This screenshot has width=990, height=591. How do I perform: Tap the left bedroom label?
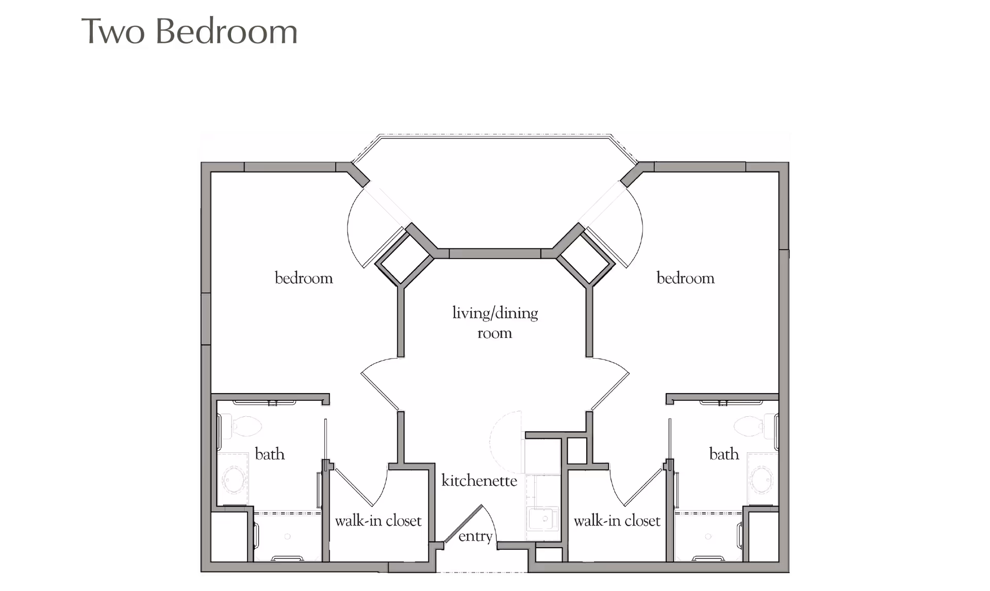[304, 279]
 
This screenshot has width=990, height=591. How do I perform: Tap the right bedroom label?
[685, 279]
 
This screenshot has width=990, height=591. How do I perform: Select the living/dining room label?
[495, 323]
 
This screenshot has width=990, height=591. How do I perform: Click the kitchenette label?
[479, 481]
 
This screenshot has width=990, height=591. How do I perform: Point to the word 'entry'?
[475, 536]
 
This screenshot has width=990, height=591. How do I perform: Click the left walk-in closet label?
[378, 521]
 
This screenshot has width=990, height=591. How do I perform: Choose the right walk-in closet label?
[617, 521]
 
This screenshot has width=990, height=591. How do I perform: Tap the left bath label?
[269, 454]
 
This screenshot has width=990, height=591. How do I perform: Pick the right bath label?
[724, 454]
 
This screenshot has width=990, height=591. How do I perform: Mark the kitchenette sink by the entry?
[542, 519]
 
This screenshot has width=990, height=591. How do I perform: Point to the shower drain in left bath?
[287, 536]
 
